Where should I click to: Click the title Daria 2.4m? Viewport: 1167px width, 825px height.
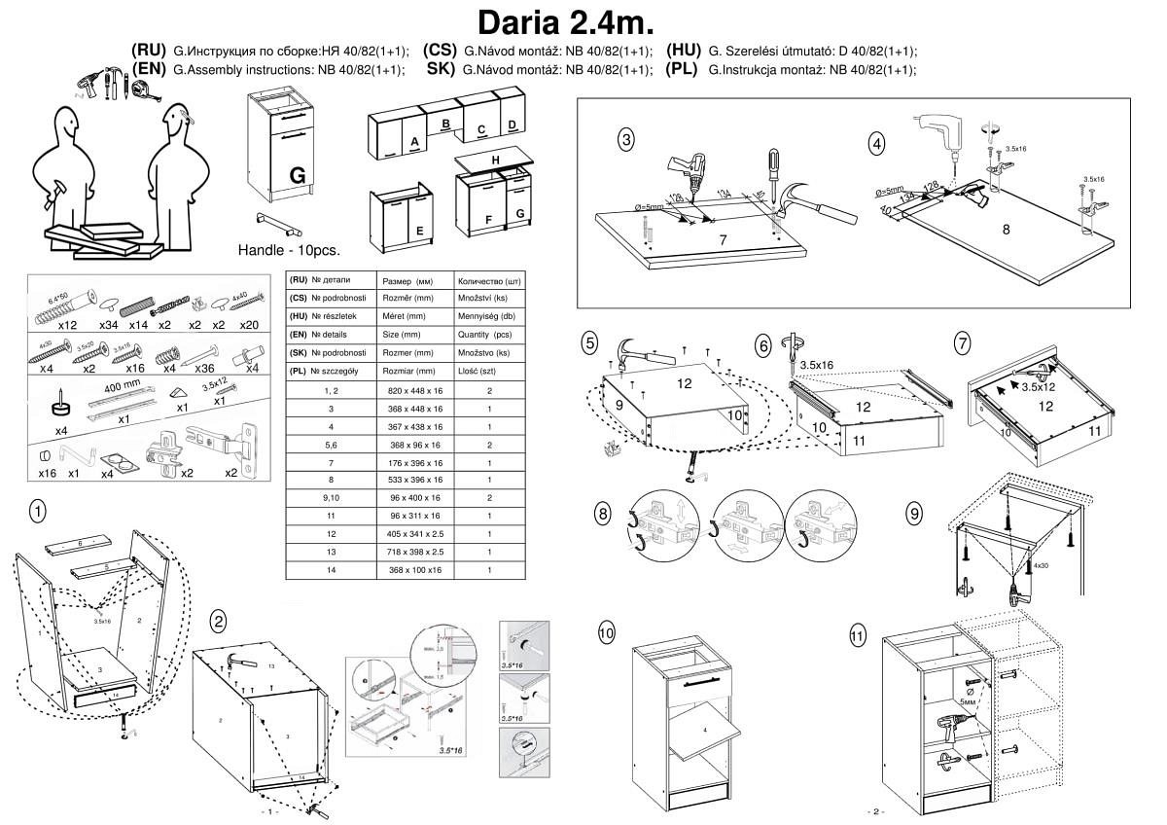[564, 21]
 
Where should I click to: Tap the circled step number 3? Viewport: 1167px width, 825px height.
[627, 140]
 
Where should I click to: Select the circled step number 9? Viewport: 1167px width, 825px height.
[913, 512]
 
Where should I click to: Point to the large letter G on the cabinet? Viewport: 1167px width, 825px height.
[298, 175]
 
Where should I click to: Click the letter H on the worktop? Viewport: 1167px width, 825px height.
[495, 160]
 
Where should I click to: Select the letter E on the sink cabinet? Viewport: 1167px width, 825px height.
[419, 231]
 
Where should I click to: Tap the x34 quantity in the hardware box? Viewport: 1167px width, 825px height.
[108, 325]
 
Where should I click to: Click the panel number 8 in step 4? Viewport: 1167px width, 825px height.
[1008, 230]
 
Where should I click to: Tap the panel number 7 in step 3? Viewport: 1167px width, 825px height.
[723, 240]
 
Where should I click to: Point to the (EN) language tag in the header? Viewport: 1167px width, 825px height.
[149, 70]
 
